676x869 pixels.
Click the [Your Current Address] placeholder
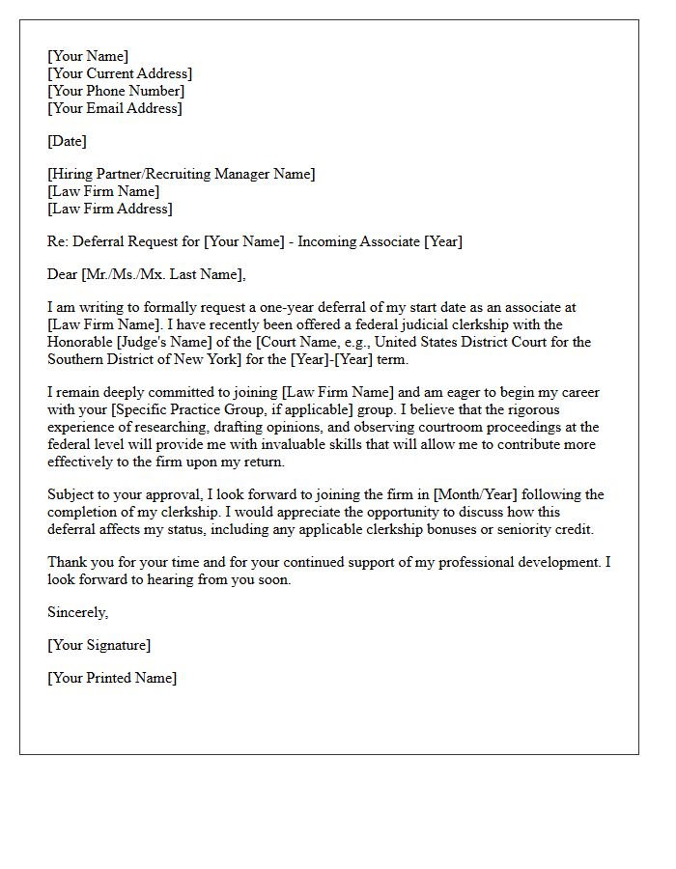click(120, 73)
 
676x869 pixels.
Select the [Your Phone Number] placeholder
click(116, 91)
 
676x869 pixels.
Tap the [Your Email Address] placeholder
click(114, 108)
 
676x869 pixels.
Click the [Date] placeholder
click(67, 141)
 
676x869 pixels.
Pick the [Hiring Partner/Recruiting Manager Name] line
click(181, 174)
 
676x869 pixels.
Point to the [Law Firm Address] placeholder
click(109, 209)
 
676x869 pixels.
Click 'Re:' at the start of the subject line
click(58, 241)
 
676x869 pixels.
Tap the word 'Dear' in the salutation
click(63, 274)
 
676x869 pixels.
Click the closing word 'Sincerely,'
click(78, 612)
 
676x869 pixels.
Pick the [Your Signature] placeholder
click(99, 645)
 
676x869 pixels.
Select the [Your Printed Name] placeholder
click(112, 678)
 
